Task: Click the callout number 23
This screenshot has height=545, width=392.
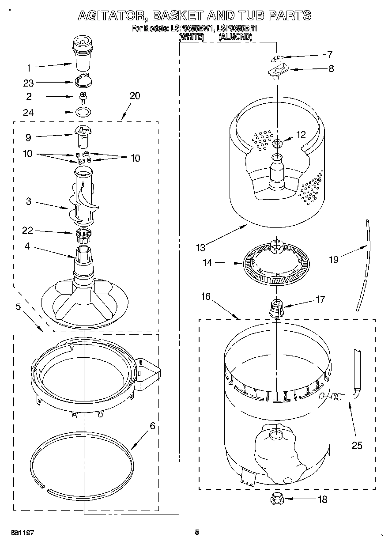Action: coord(28,82)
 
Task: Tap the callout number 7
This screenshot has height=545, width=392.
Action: coord(329,55)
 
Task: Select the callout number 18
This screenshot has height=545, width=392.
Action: coord(323,500)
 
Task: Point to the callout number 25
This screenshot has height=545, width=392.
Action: coord(357,445)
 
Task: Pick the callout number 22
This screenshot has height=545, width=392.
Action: coord(27,231)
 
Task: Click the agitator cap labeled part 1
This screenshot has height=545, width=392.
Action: coord(83,53)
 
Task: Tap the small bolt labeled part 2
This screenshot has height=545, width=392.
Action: coord(82,96)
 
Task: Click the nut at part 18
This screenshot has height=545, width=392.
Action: coord(277,500)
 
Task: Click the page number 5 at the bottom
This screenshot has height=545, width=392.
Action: coord(197,532)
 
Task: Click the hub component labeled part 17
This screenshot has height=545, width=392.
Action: coord(276,307)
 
